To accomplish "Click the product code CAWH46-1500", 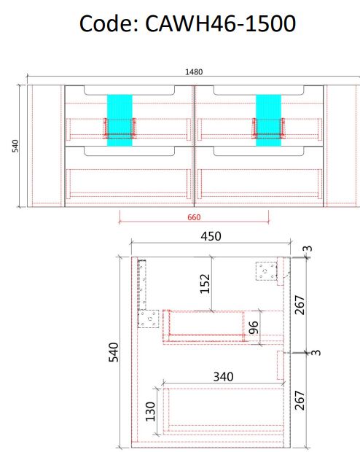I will (x=221, y=23).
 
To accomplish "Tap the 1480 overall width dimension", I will (x=194, y=71).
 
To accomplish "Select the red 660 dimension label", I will (x=194, y=217).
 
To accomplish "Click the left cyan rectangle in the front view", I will (x=120, y=120).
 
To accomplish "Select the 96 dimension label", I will (x=254, y=328).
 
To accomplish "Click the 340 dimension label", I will (x=223, y=377).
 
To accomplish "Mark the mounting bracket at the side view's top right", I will (x=267, y=271).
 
